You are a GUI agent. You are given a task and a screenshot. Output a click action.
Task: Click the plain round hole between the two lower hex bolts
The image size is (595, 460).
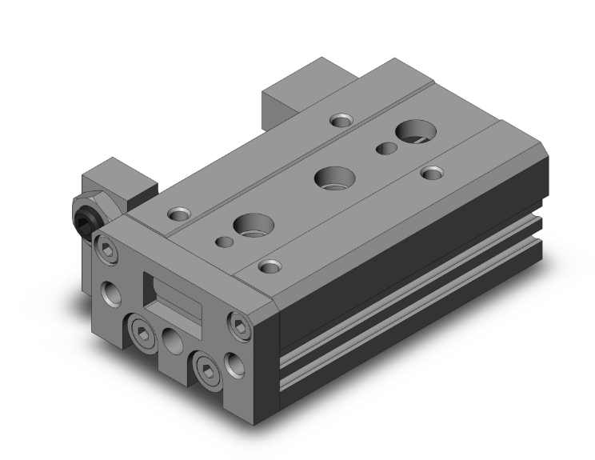click(x=173, y=342)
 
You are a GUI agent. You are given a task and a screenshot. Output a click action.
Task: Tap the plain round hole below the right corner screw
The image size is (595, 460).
click(x=234, y=365)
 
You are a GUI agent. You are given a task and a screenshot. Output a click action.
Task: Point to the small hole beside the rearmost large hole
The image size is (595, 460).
click(x=385, y=147)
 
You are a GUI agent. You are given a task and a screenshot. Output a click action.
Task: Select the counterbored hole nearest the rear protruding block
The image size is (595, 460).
click(x=341, y=121)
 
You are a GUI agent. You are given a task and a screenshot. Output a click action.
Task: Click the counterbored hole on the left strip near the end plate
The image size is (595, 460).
click(x=178, y=214)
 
